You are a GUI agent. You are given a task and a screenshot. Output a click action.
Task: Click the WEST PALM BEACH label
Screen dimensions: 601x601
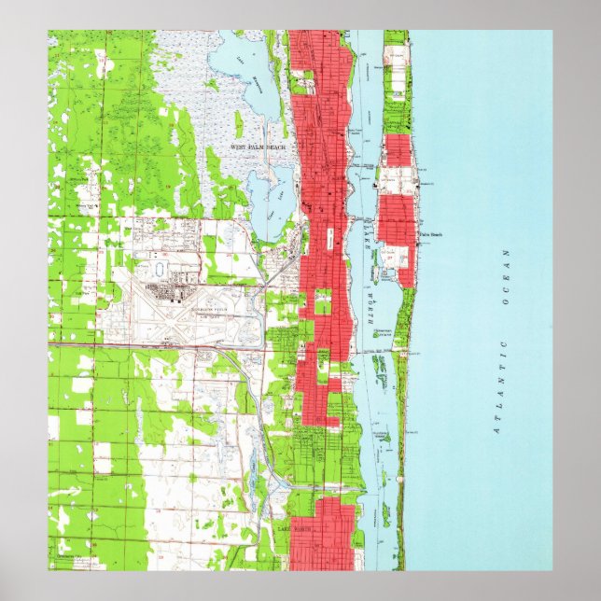pyautogui.click(x=259, y=147)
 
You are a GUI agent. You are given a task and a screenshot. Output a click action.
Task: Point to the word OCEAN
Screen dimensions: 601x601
pyautogui.click(x=508, y=278)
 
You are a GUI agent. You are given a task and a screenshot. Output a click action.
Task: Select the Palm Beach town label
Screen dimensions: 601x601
pyautogui.click(x=430, y=234)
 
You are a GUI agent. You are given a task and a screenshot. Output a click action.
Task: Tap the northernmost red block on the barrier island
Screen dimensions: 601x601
pyautogui.click(x=398, y=150)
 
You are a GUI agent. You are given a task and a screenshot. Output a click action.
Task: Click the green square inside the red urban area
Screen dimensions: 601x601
pyautogui.click(x=323, y=301)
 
